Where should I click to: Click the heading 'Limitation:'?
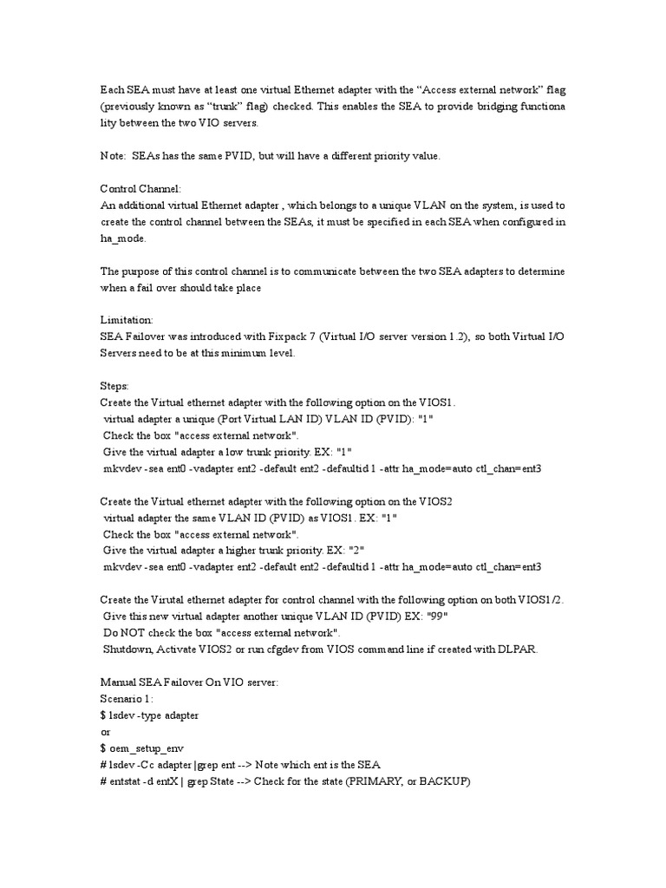127,320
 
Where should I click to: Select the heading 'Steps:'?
115,386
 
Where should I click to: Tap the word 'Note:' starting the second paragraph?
115,155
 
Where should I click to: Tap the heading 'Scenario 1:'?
127,698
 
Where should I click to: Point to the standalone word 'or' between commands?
106,731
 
